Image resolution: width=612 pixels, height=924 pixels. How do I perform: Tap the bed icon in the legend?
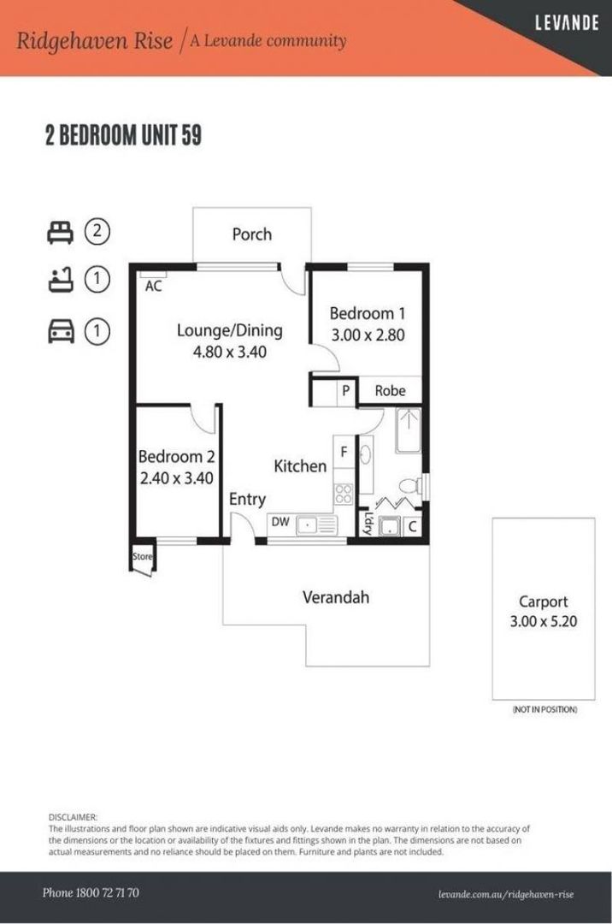pyautogui.click(x=60, y=232)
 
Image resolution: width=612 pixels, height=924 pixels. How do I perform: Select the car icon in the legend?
pyautogui.click(x=61, y=331)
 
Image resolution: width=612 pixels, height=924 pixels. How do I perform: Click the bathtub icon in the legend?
pyautogui.click(x=61, y=279)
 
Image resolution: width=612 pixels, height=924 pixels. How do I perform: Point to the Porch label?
pyautogui.click(x=252, y=234)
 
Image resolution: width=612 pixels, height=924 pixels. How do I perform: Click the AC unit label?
pyautogui.click(x=153, y=287)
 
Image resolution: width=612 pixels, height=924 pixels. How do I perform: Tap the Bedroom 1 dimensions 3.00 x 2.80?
pyautogui.click(x=368, y=335)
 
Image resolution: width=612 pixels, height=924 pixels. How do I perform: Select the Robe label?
pyautogui.click(x=390, y=391)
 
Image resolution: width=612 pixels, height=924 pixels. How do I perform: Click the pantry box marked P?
pyautogui.click(x=346, y=391)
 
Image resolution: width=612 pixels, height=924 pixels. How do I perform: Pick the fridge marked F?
pyautogui.click(x=344, y=452)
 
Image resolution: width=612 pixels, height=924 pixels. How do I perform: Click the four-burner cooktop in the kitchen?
pyautogui.click(x=344, y=494)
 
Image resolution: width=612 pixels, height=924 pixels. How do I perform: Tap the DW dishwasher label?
pyautogui.click(x=280, y=522)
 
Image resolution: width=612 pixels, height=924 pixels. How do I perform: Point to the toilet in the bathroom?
pyautogui.click(x=409, y=486)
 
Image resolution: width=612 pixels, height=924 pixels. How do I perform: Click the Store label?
pyautogui.click(x=143, y=556)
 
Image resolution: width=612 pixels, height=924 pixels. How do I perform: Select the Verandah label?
pyautogui.click(x=336, y=597)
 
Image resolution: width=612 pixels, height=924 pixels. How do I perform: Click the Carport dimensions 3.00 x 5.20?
pyautogui.click(x=543, y=622)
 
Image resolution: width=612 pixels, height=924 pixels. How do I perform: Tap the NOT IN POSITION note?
pyautogui.click(x=545, y=709)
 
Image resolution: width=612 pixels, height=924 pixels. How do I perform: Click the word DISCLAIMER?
pyautogui.click(x=73, y=817)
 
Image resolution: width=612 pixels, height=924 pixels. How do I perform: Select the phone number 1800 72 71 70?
pyautogui.click(x=108, y=892)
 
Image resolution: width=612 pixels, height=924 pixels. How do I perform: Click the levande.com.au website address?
pyautogui.click(x=506, y=895)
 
